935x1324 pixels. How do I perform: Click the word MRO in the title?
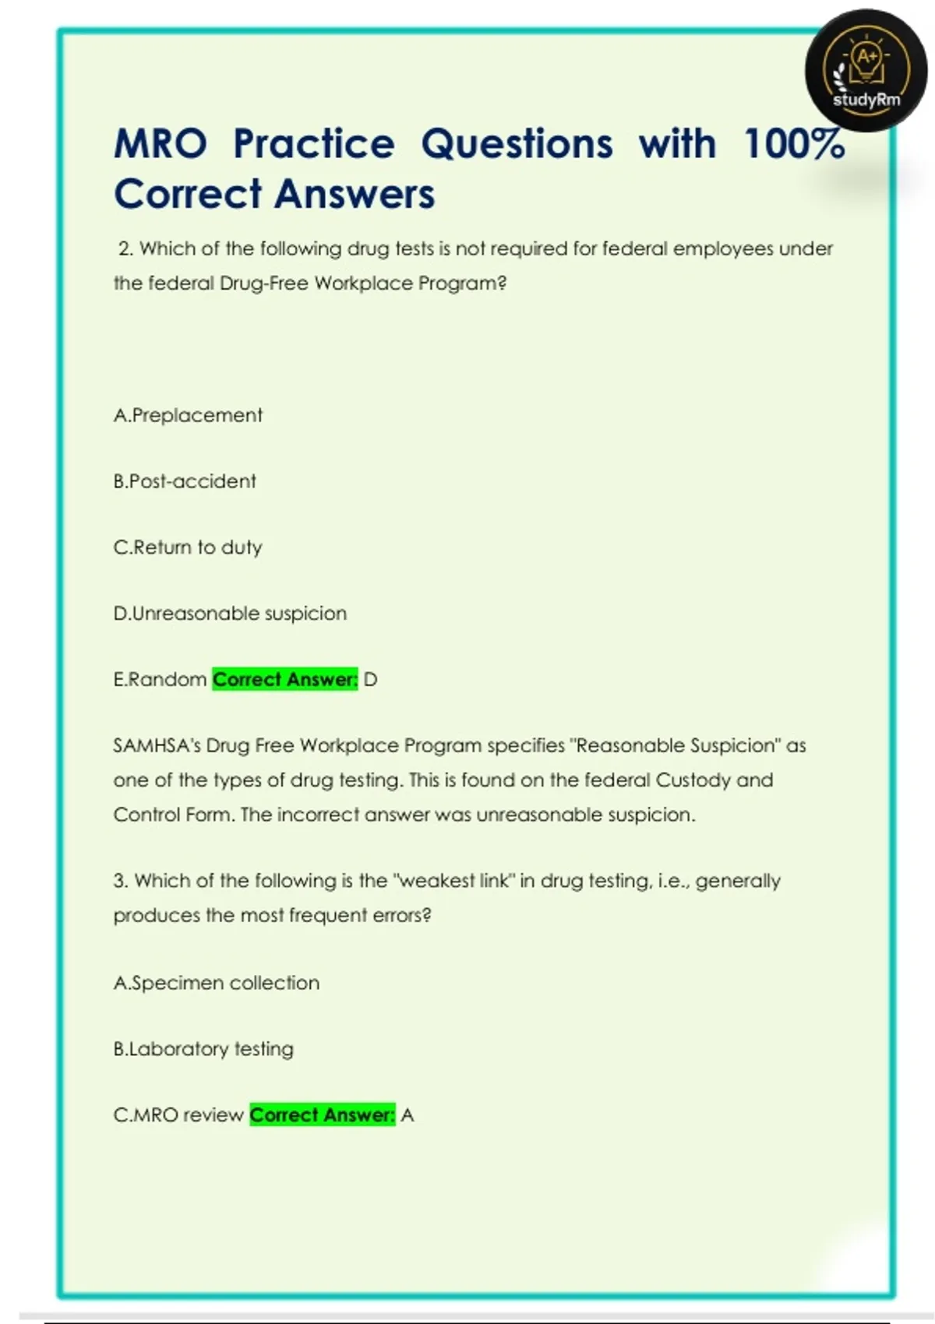pos(161,144)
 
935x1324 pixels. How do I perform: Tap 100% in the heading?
pos(794,144)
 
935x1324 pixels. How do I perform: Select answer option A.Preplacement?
pos(188,415)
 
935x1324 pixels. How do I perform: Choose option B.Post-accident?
pos(185,481)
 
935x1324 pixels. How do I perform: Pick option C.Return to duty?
pos(188,548)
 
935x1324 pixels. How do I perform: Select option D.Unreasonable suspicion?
pos(230,614)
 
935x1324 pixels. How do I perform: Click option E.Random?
pos(160,680)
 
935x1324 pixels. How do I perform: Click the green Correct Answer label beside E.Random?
pos(284,680)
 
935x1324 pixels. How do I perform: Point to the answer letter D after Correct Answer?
pos(370,680)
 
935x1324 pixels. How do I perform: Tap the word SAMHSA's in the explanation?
pos(157,745)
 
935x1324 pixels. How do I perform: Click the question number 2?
pos(125,249)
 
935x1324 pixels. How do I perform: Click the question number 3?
pos(120,881)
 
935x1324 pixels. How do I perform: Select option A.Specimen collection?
pos(216,983)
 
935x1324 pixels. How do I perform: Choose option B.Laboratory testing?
pos(203,1049)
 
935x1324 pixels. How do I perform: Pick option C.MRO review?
pos(178,1115)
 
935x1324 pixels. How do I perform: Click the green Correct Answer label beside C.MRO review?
pos(322,1115)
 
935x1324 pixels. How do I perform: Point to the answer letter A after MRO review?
pos(408,1115)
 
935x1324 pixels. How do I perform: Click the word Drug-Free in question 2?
pos(264,283)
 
